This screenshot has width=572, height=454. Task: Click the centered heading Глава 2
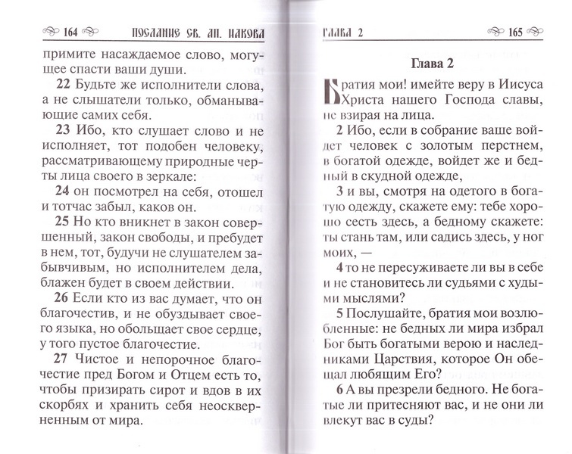point(415,62)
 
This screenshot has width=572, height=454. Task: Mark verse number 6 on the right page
point(322,387)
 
